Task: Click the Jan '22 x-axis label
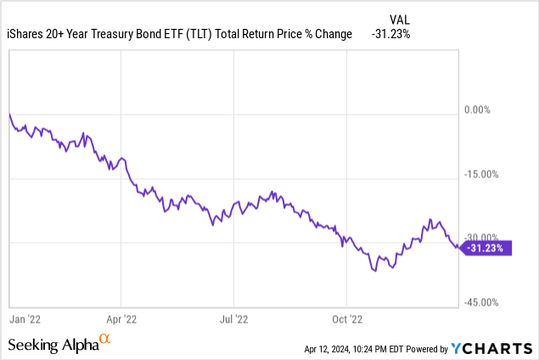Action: coord(25,319)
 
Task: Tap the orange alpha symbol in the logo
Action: coord(105,340)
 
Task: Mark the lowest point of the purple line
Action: coord(373,271)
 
